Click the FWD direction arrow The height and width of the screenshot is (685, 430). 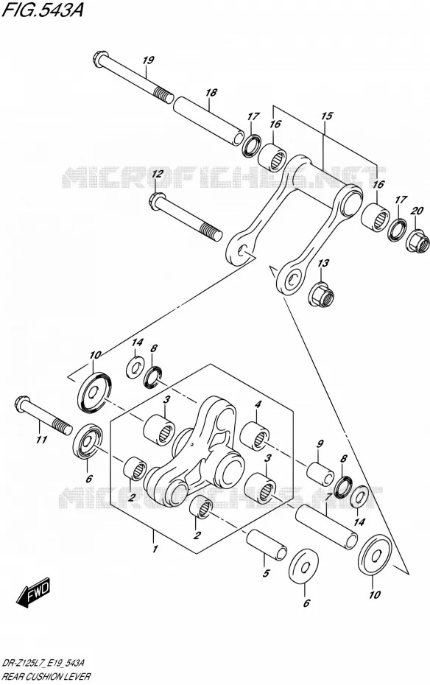(x=34, y=592)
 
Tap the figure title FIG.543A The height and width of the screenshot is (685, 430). (x=43, y=10)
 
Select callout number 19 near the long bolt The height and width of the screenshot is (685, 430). (x=149, y=60)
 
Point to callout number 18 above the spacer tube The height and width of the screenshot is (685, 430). (x=211, y=93)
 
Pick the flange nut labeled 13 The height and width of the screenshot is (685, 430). (x=321, y=295)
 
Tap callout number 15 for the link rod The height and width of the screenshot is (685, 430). (x=326, y=116)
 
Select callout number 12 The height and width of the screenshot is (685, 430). (x=157, y=174)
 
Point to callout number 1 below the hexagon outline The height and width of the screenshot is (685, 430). (x=155, y=549)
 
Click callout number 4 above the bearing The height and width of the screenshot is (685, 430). (x=258, y=405)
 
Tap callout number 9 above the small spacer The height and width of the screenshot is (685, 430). (x=320, y=444)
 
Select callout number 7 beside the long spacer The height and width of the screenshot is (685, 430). (x=328, y=496)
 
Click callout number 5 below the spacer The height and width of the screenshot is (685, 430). (x=266, y=574)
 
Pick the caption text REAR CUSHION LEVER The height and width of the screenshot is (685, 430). (x=46, y=677)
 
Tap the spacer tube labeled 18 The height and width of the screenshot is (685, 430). (x=208, y=120)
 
